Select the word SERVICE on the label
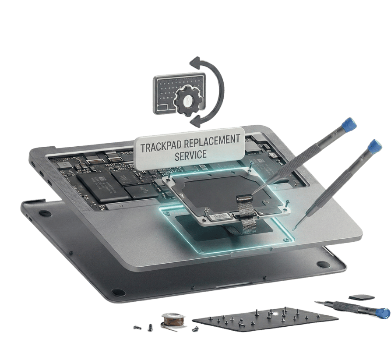tap(190, 155)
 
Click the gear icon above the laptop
tap(187, 100)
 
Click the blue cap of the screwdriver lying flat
tap(383, 313)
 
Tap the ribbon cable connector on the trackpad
tap(244, 198)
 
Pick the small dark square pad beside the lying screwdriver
tap(361, 297)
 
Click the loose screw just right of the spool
tap(195, 329)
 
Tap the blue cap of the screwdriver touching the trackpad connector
tap(349, 124)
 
